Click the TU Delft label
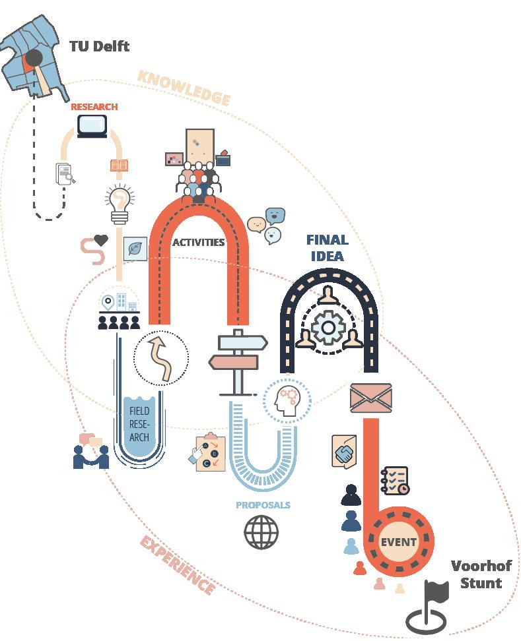pyautogui.click(x=99, y=46)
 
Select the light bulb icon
pyautogui.click(x=120, y=205)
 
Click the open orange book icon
pyautogui.click(x=119, y=165)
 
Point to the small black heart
pyautogui.click(x=100, y=241)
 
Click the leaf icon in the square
pyautogui.click(x=135, y=249)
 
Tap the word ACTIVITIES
pyautogui.click(x=198, y=242)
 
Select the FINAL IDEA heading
pyautogui.click(x=327, y=247)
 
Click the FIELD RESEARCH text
pyautogui.click(x=139, y=423)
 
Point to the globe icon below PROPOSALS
pyautogui.click(x=261, y=532)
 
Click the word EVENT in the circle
pyautogui.click(x=398, y=542)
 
